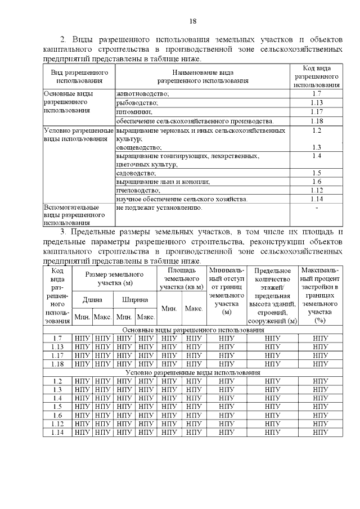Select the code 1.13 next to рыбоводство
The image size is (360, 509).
tap(316, 102)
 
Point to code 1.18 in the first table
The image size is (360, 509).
tap(316, 121)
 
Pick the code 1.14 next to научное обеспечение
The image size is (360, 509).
tap(316, 199)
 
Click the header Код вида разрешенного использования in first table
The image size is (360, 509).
tap(316, 76)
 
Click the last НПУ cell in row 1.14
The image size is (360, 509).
tap(321, 432)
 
